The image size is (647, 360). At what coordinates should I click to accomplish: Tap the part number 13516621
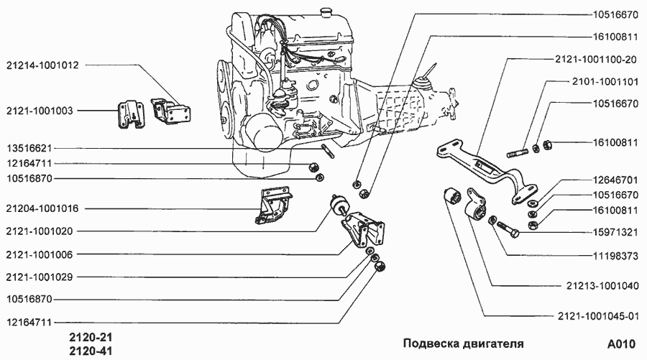pyautogui.click(x=31, y=149)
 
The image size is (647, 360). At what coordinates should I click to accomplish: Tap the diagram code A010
pyautogui.click(x=620, y=343)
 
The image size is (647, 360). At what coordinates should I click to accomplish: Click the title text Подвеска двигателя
pyautogui.click(x=462, y=343)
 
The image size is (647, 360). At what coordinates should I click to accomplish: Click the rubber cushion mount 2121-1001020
pyautogui.click(x=336, y=206)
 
